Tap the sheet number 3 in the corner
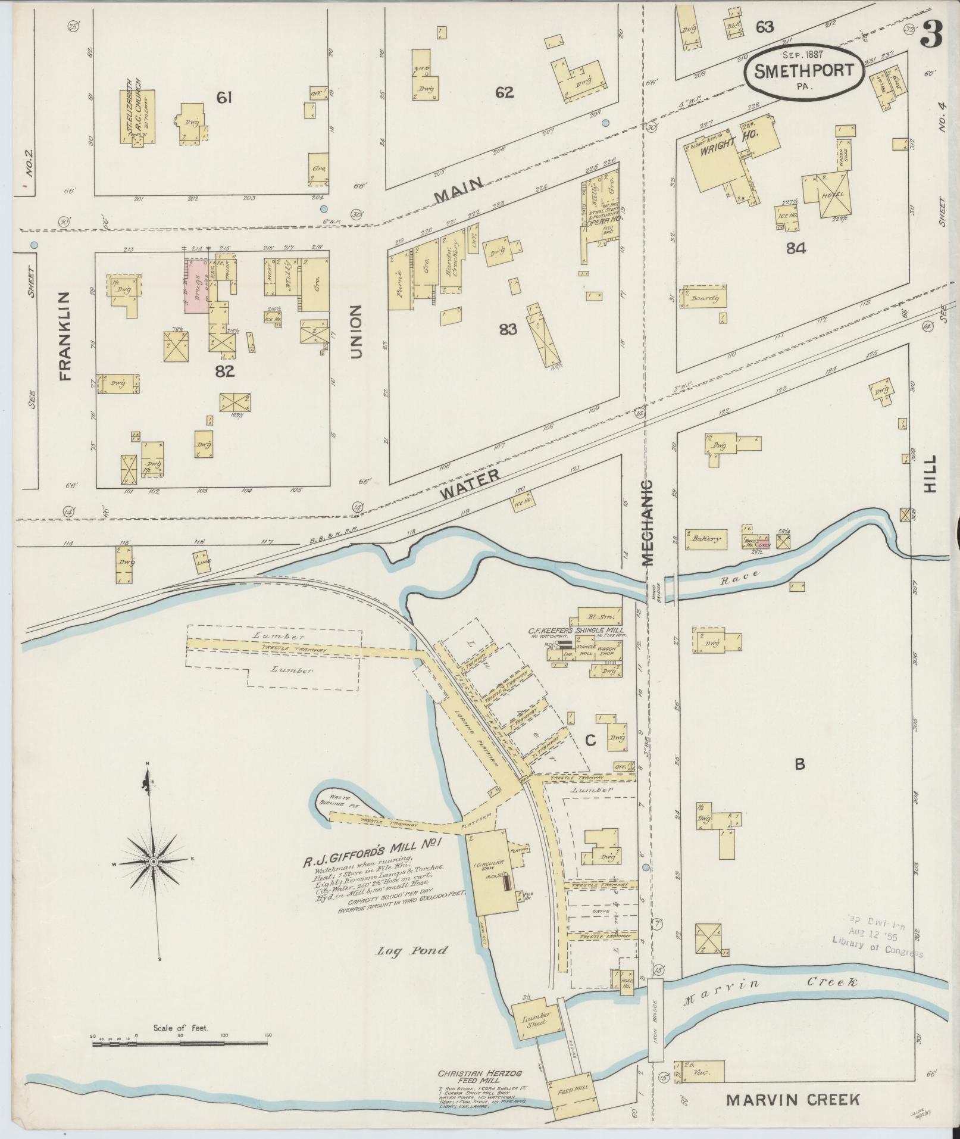coord(931,35)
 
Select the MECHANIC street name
coord(648,523)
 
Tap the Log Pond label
coord(411,950)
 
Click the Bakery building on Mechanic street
coord(706,539)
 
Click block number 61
coord(224,97)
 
